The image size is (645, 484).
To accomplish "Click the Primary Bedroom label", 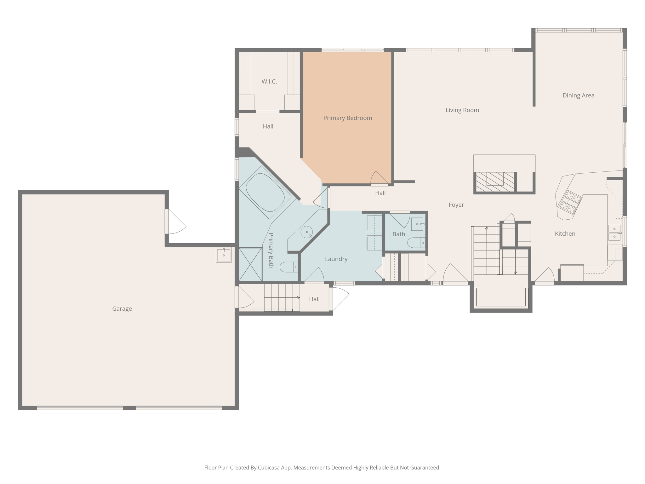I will pyautogui.click(x=347, y=118).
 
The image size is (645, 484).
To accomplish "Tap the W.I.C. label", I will pyautogui.click(x=269, y=82).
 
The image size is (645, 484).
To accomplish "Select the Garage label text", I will pyautogui.click(x=122, y=309).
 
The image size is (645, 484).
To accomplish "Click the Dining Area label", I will pyautogui.click(x=578, y=95).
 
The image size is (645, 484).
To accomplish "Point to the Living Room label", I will pyautogui.click(x=462, y=110).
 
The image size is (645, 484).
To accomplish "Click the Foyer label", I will pyautogui.click(x=456, y=205).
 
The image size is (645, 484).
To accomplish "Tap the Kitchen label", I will pyautogui.click(x=565, y=234).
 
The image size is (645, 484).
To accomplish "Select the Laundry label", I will pyautogui.click(x=336, y=259).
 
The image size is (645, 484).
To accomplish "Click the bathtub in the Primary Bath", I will pyautogui.click(x=265, y=192).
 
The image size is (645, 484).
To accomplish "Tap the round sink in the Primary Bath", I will pyautogui.click(x=307, y=233).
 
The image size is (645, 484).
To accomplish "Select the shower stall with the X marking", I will pyautogui.click(x=250, y=264).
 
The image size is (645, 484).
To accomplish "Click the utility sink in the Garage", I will pyautogui.click(x=224, y=255).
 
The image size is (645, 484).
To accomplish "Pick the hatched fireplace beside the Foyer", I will pyautogui.click(x=494, y=182).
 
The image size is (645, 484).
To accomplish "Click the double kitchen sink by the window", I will pyautogui.click(x=614, y=233).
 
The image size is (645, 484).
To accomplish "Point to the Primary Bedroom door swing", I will pyautogui.click(x=379, y=178).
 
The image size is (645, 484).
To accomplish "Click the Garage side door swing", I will pyautogui.click(x=176, y=222).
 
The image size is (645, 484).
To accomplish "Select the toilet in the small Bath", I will pyautogui.click(x=416, y=243).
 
